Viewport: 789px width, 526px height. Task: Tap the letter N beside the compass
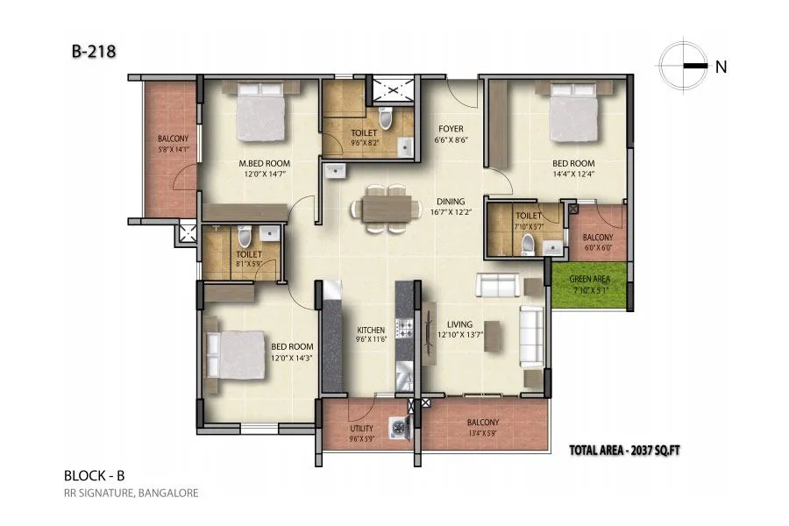721,67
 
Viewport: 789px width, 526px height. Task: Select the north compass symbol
683,66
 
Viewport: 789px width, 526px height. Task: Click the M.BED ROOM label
265,163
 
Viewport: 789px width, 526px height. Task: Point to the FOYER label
451,128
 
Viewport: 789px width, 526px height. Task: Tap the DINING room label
451,202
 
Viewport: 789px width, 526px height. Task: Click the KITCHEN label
371,331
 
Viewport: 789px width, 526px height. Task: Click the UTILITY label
361,429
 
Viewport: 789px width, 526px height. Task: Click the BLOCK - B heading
94,475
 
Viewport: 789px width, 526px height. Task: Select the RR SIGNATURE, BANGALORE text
131,493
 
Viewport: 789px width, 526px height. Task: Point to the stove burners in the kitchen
405,330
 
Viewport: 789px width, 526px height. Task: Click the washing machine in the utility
399,427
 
